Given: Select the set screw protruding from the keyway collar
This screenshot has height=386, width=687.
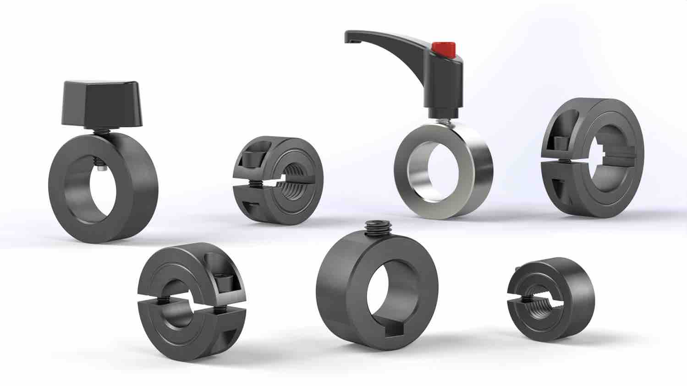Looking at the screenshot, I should pyautogui.click(x=374, y=227).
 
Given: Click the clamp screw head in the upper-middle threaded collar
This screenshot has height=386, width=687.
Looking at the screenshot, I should pyautogui.click(x=250, y=158).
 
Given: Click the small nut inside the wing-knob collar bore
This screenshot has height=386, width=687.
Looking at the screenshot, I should pyautogui.click(x=101, y=169).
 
